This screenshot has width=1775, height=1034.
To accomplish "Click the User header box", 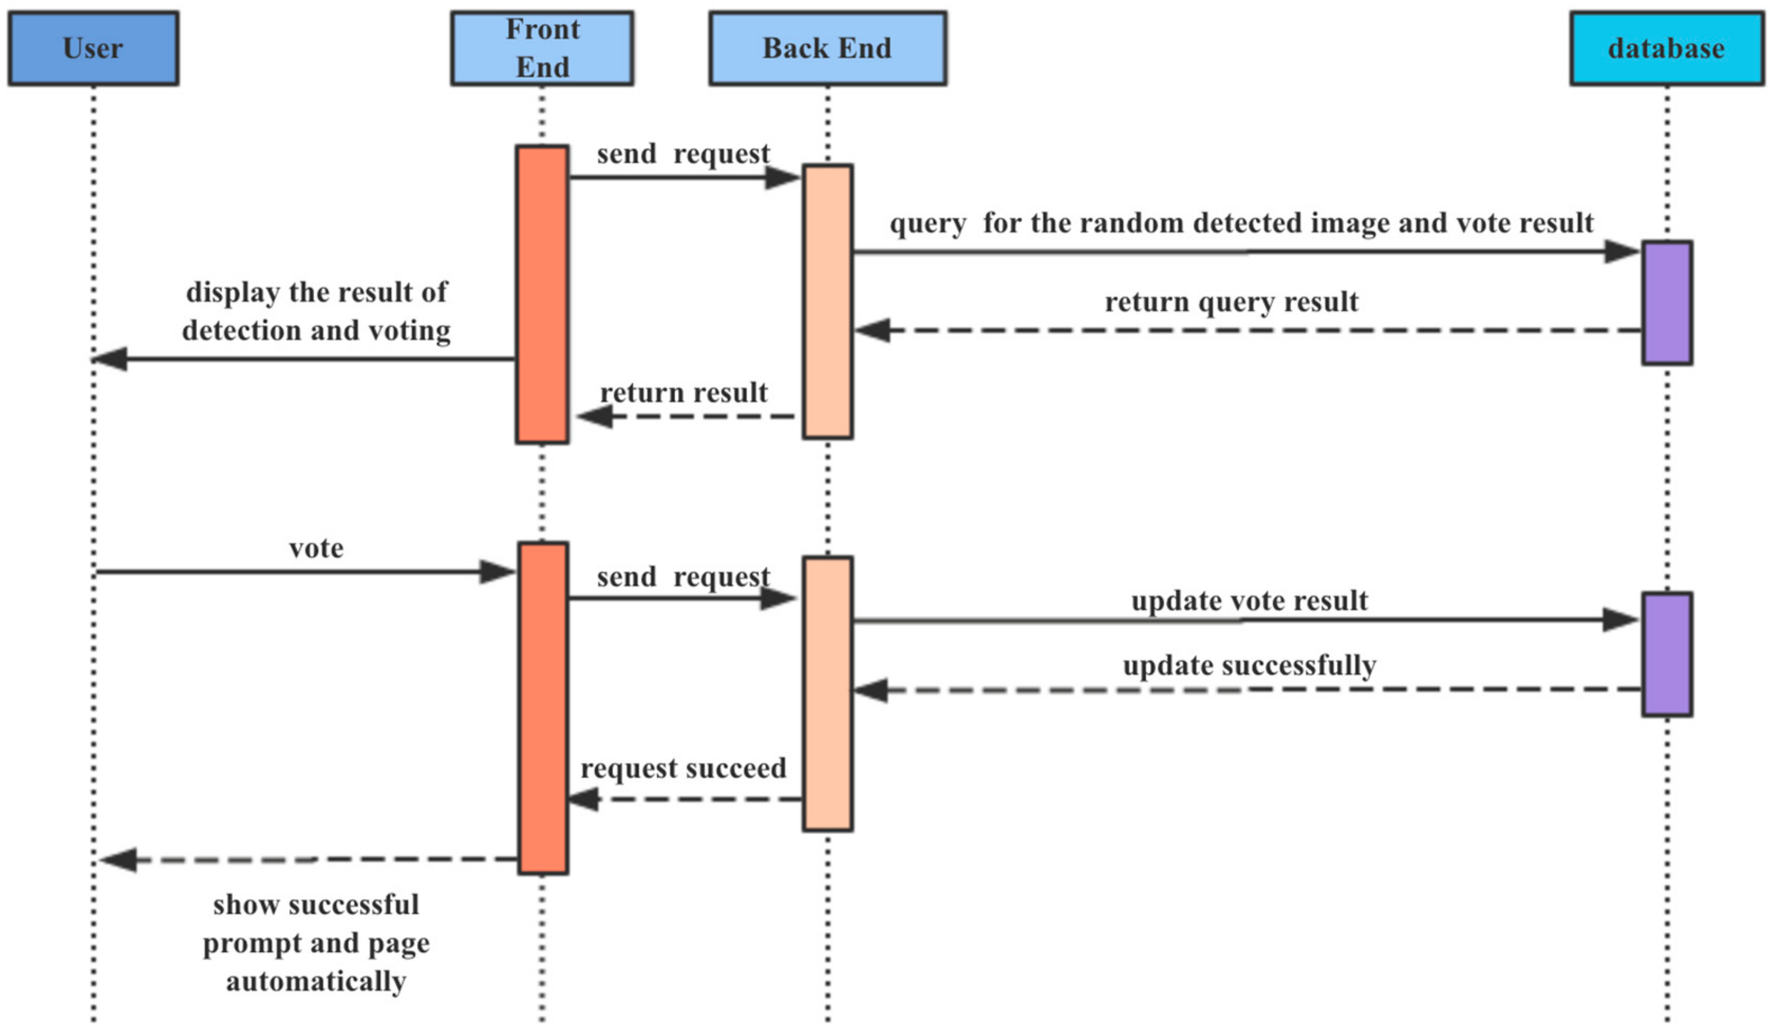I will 93,48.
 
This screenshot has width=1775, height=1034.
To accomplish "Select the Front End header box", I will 542,48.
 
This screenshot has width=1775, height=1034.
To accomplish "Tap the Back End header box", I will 827,48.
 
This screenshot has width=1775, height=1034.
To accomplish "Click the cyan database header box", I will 1667,48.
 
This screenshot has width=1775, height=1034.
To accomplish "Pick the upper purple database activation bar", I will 1667,303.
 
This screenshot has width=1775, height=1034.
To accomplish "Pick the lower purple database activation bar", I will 1667,655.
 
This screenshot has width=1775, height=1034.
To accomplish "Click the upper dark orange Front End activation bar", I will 542,294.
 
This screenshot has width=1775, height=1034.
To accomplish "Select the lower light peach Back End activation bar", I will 827,694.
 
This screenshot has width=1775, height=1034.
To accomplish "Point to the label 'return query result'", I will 1230,302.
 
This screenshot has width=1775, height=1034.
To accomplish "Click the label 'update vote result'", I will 1249,601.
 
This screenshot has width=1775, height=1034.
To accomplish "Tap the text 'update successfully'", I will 1249,665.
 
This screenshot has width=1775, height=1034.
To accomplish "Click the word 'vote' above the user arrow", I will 316,548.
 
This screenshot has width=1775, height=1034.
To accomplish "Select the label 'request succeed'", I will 683,768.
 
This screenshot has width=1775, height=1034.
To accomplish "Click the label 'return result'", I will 683,392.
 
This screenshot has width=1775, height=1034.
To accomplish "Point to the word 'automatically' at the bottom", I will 315,981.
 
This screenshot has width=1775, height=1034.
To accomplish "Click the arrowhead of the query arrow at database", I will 1620,251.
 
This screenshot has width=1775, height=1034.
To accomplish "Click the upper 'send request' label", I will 683,154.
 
